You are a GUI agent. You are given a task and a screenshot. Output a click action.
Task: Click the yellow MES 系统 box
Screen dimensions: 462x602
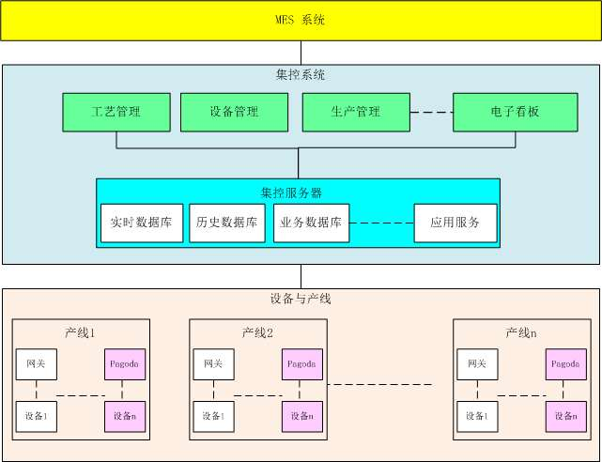[x=301, y=20]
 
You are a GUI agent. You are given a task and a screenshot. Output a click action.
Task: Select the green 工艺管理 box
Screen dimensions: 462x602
[x=116, y=112]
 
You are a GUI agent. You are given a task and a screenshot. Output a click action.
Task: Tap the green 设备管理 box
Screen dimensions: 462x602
[x=234, y=112]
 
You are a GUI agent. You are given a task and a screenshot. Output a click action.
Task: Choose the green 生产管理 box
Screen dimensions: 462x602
[x=356, y=112]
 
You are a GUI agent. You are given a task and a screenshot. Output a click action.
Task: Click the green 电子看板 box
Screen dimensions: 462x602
[x=515, y=112]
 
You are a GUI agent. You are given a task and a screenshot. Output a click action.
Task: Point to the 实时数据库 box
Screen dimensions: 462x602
[x=141, y=223]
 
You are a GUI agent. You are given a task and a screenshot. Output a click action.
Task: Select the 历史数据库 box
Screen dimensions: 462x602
[x=227, y=223]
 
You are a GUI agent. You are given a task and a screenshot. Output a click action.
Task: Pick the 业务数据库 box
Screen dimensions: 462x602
[x=311, y=223]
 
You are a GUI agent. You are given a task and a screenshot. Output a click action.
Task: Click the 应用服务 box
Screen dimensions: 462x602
[x=455, y=223]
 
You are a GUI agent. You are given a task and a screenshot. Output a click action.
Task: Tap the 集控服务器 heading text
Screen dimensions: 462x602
[x=291, y=192]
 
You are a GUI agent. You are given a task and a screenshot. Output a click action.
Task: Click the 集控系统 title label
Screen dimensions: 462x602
[x=301, y=74]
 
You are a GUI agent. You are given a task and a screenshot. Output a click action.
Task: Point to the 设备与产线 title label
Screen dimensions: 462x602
[x=301, y=300]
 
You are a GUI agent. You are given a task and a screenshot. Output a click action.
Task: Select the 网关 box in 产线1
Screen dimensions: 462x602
[x=37, y=364]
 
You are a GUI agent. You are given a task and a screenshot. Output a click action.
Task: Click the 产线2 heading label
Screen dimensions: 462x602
[x=257, y=332]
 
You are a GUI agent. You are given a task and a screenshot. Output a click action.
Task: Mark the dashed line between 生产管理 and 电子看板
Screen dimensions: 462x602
[x=431, y=112]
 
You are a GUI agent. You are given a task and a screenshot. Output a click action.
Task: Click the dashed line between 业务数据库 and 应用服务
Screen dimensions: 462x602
[x=381, y=223]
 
